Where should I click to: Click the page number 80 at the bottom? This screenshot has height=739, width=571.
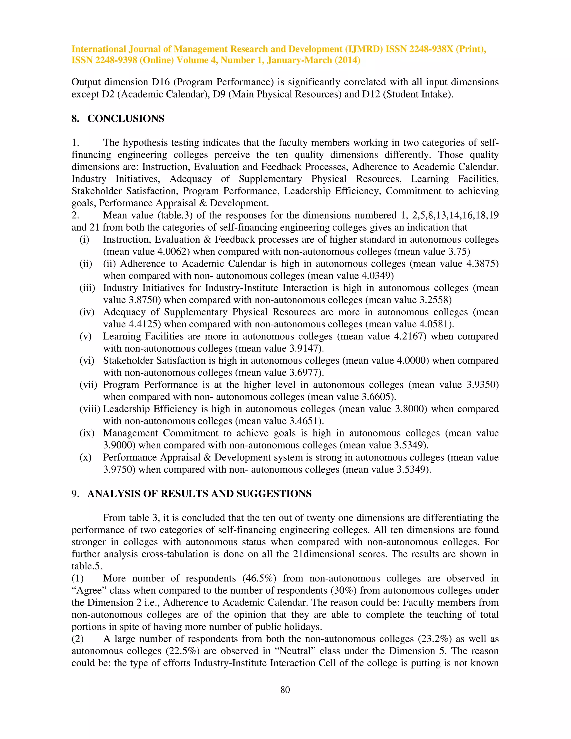(285, 690)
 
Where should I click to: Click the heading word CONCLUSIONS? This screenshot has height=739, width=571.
(126, 119)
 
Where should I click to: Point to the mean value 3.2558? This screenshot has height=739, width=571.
(434, 300)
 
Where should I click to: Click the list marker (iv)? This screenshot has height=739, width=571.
(87, 312)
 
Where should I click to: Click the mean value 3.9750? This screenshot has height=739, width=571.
(119, 470)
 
